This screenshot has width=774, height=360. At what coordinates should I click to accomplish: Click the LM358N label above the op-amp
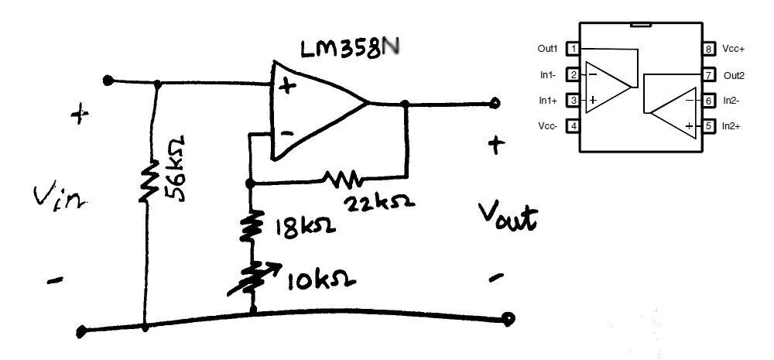(x=352, y=50)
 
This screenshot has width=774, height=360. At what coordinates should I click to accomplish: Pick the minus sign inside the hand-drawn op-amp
(x=286, y=133)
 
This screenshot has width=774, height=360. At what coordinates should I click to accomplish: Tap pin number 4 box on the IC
(x=574, y=125)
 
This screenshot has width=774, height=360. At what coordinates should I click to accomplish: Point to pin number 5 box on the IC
(x=709, y=125)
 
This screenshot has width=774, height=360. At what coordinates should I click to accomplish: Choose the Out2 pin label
(x=734, y=75)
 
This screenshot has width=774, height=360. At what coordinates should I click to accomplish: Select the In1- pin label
(x=548, y=75)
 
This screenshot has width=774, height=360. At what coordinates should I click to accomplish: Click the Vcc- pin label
(x=549, y=125)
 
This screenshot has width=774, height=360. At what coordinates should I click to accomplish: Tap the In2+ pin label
(x=733, y=125)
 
